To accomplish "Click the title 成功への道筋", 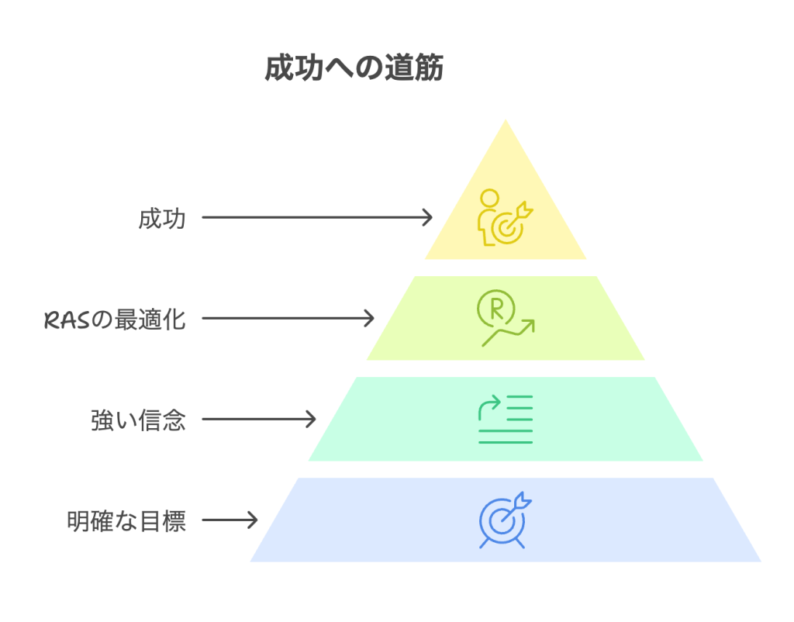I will click(354, 68).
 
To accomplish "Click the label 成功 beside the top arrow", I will click(162, 219).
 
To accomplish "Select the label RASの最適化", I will click(115, 319).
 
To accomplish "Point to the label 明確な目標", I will click(126, 521).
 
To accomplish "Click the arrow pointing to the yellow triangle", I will click(316, 218).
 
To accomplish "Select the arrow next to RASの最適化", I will click(288, 318).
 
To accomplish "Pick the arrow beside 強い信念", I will click(259, 420).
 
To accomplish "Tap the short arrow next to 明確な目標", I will click(230, 520).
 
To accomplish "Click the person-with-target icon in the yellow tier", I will click(505, 216).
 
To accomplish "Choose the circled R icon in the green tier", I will click(493, 308).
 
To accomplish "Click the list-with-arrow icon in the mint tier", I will click(506, 419).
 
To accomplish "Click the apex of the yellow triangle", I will click(506, 123).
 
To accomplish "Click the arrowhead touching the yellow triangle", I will click(427, 218).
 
